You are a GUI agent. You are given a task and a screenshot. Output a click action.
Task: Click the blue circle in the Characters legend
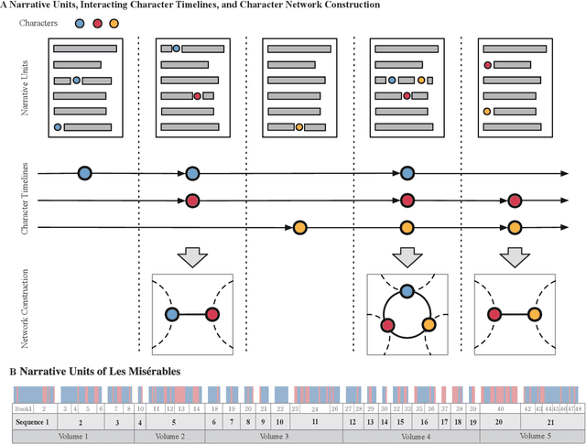pyautogui.click(x=80, y=22)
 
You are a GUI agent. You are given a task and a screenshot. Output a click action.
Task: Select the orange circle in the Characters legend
pyautogui.click(x=113, y=22)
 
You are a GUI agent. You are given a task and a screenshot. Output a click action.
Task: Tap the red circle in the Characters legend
pyautogui.click(x=96, y=22)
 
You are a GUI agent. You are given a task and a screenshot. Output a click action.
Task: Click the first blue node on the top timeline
pyautogui.click(x=84, y=172)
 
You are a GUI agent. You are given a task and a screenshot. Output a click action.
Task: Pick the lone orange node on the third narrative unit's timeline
pyautogui.click(x=299, y=227)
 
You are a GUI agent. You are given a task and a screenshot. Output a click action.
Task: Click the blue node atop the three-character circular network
pyautogui.click(x=407, y=291)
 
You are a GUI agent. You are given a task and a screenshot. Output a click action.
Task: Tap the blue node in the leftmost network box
pyautogui.click(x=171, y=314)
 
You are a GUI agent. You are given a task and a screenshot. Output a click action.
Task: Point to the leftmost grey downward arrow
pyautogui.click(x=191, y=254)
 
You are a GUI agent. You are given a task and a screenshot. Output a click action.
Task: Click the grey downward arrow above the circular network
pyautogui.click(x=407, y=254)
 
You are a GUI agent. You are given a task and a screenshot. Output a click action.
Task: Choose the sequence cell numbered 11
pyautogui.click(x=314, y=422)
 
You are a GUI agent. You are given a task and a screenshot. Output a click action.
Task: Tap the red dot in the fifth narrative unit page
pyautogui.click(x=487, y=65)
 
